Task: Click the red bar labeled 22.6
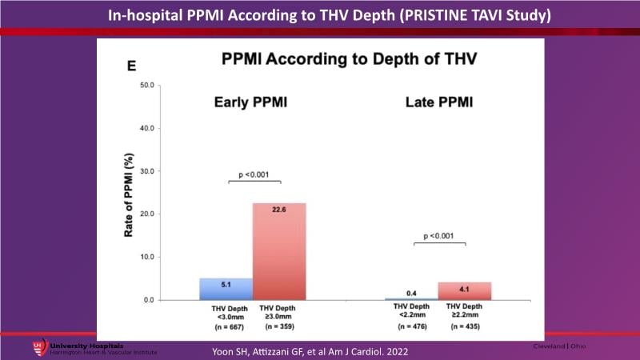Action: point(279,251)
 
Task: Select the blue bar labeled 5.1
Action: point(226,289)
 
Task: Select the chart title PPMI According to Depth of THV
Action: point(322,59)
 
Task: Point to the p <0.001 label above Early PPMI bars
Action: point(252,174)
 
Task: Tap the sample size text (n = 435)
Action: point(463,326)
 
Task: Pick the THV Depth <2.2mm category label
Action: point(411,311)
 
